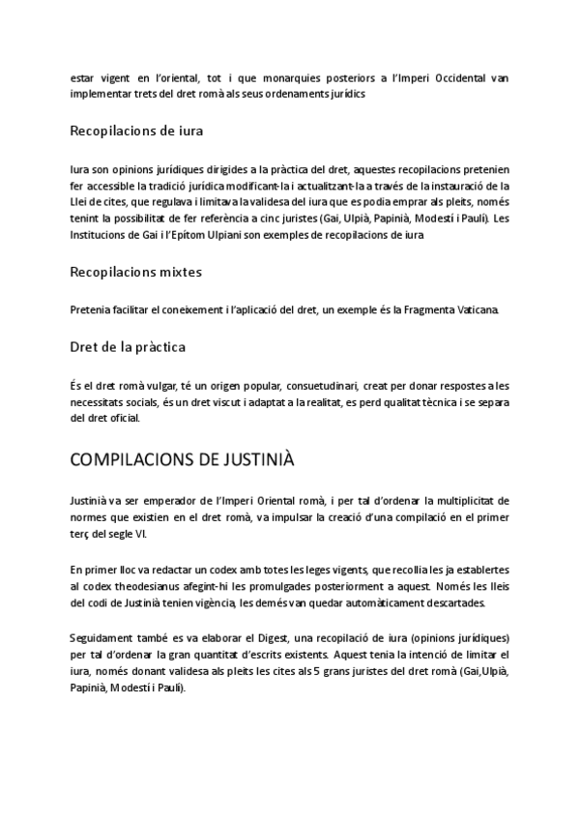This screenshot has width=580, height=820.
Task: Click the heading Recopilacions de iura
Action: coord(136,130)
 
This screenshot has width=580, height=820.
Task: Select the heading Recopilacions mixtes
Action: coord(136,272)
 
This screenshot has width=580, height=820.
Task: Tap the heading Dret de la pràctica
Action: coord(129,345)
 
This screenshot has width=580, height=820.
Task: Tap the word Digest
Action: coord(267,639)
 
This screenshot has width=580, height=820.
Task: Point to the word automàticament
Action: coord(375,603)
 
